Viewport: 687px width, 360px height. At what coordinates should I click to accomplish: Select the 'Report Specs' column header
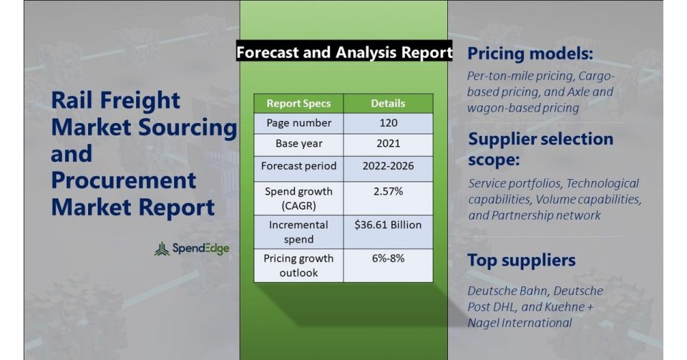point(299,103)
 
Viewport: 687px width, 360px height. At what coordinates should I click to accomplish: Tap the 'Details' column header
point(388,103)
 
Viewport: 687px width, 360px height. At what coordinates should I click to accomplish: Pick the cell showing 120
point(388,123)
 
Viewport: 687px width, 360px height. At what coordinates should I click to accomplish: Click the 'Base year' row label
point(299,144)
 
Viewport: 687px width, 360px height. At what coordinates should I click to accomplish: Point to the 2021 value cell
point(388,145)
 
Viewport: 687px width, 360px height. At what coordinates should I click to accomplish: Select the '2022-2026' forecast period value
point(388,166)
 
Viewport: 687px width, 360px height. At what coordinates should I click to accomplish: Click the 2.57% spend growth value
point(388,191)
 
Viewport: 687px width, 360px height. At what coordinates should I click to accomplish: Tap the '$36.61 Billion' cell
point(388,232)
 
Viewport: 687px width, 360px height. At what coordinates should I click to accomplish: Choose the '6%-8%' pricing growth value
point(388,258)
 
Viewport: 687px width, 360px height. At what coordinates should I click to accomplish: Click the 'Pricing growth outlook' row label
point(299,266)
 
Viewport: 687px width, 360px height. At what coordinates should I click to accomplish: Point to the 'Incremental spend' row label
point(299,232)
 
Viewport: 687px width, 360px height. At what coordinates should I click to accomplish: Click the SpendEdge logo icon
point(162,249)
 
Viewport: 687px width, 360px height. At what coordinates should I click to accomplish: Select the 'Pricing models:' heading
point(530,54)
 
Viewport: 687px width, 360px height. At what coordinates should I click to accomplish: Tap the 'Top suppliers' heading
point(522,260)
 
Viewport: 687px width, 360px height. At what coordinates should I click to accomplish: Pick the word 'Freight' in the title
point(140,101)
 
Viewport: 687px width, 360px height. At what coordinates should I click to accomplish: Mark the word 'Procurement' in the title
point(124,180)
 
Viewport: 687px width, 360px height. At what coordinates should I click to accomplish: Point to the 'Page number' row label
point(299,123)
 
